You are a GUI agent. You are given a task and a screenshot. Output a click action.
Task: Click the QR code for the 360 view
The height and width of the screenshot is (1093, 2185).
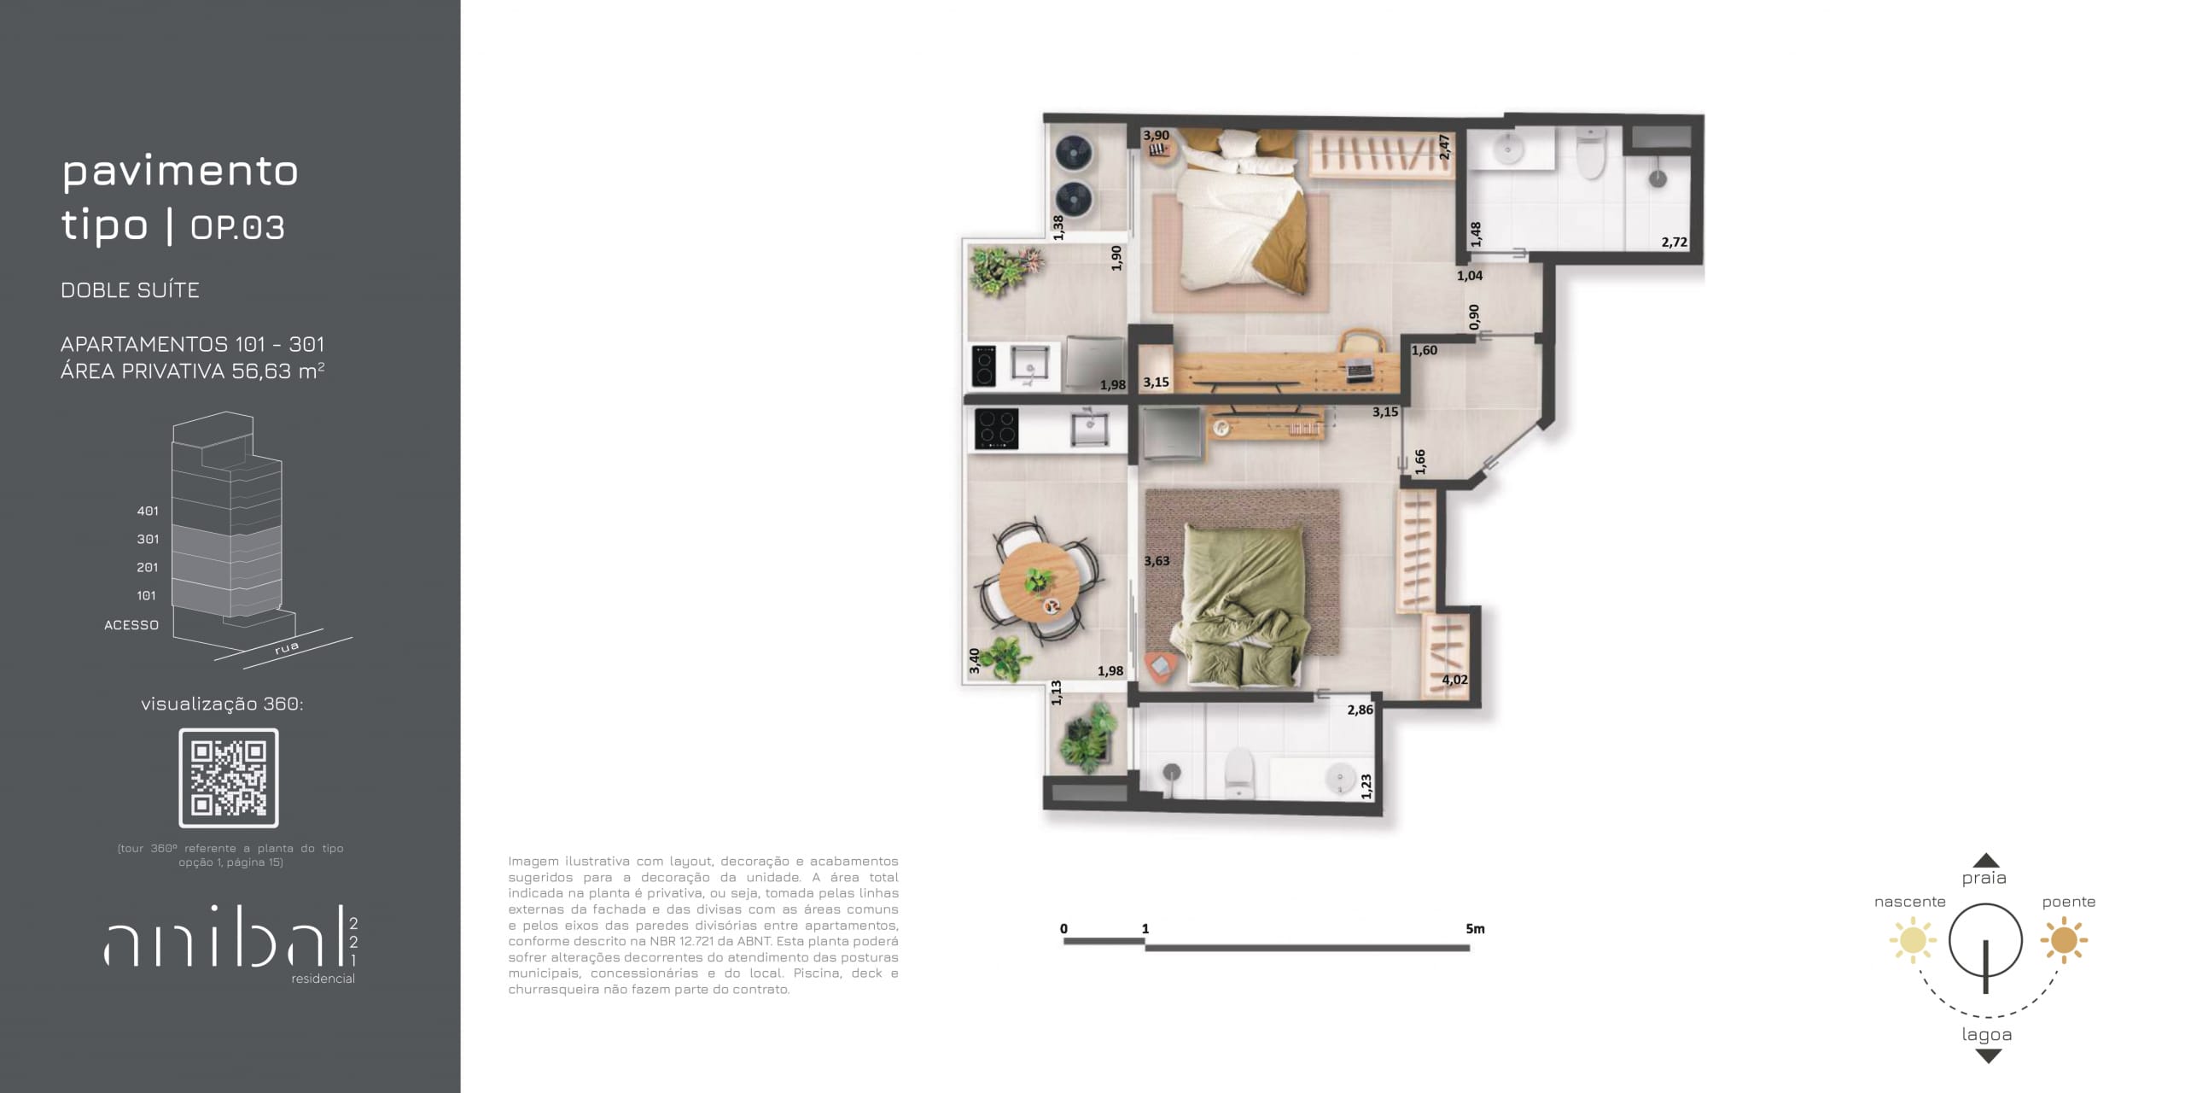click(x=229, y=778)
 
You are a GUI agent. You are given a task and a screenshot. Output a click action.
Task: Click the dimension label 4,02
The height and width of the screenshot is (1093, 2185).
click(x=1454, y=680)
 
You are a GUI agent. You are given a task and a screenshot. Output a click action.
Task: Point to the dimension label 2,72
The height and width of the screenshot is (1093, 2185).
click(x=1674, y=242)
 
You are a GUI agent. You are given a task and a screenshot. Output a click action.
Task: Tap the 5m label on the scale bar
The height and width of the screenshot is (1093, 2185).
click(x=1475, y=929)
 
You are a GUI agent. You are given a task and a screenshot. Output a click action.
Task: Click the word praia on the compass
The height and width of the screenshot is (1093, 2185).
click(x=1984, y=879)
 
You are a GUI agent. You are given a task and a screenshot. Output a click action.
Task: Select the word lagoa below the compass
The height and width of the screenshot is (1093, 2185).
click(x=1987, y=1035)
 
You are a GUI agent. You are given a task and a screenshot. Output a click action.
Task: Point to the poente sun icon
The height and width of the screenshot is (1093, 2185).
click(x=2064, y=940)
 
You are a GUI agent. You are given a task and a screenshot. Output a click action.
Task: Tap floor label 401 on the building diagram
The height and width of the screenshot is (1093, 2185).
click(x=148, y=511)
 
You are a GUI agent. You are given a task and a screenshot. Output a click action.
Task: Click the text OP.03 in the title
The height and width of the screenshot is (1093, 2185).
click(x=237, y=227)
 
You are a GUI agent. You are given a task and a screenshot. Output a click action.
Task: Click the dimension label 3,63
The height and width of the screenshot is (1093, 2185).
click(x=1157, y=561)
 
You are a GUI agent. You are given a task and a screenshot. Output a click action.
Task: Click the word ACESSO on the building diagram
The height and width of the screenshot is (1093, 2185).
click(x=131, y=625)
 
